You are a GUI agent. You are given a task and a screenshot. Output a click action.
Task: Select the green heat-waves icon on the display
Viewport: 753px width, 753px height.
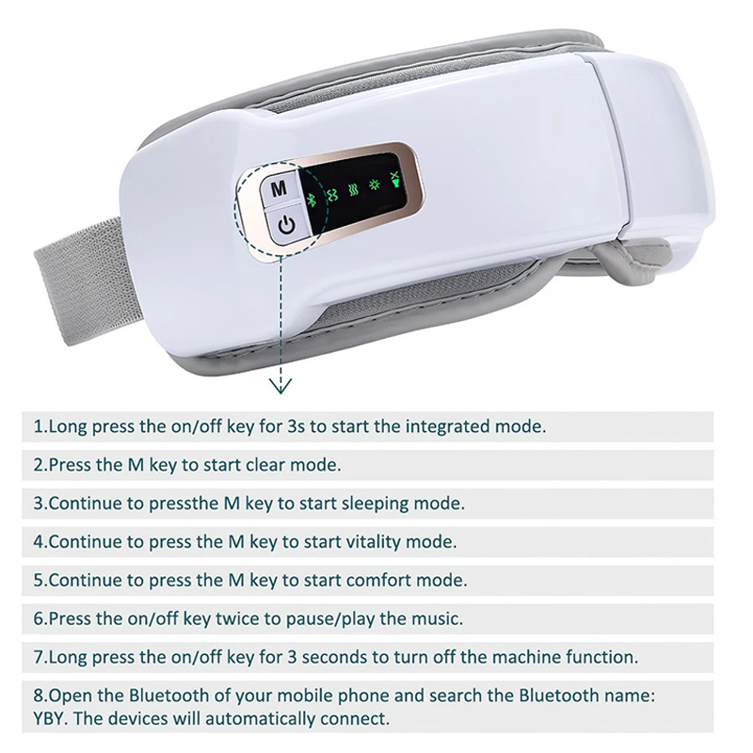pos(354,191)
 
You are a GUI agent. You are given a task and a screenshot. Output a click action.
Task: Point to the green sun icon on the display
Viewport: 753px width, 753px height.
pos(374,184)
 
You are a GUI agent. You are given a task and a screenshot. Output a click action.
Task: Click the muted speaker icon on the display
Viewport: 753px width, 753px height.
pos(395,180)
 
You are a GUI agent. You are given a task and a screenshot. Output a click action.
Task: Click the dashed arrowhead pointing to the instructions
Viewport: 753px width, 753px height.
pos(280,386)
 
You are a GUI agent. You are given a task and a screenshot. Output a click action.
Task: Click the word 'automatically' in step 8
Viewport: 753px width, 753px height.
pos(261,719)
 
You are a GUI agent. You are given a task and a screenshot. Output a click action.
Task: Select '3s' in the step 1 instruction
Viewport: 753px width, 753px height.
pos(296,426)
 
